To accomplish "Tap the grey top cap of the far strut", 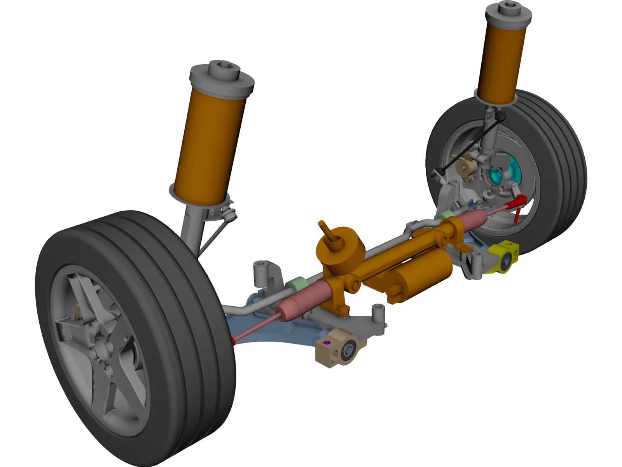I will click(508, 14).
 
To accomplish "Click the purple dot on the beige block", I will click(327, 342).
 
